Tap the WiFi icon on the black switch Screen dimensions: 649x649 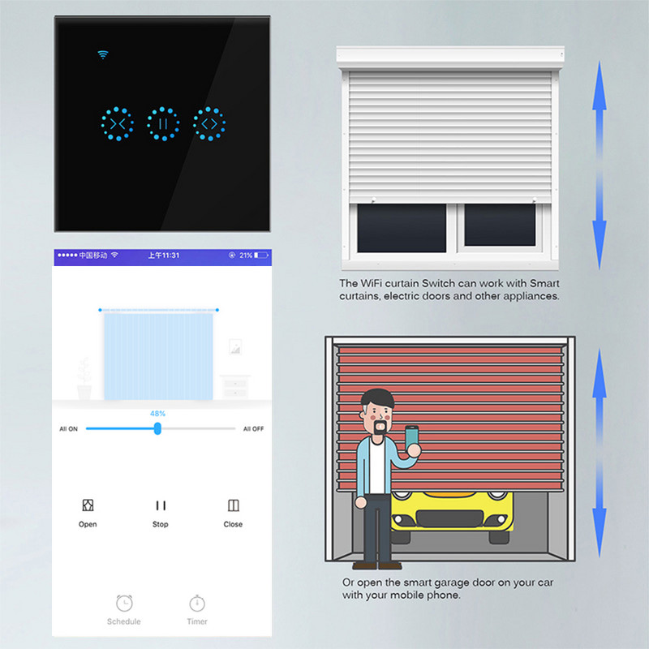tap(102, 55)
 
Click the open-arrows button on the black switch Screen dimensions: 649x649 tap(209, 124)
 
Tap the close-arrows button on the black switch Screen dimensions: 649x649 tap(118, 124)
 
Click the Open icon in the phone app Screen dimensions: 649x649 tap(88, 505)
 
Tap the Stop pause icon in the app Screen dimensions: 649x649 tap(161, 505)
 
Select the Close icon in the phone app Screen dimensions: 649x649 tap(233, 505)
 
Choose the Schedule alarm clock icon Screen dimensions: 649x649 tap(124, 604)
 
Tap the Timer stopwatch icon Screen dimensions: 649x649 tap(196, 604)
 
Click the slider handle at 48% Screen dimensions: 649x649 tap(157, 428)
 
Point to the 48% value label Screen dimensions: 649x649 tap(157, 414)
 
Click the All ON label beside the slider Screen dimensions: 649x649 tap(69, 429)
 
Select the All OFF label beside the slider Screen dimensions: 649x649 tap(253, 429)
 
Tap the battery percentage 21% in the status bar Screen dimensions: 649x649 tap(246, 256)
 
